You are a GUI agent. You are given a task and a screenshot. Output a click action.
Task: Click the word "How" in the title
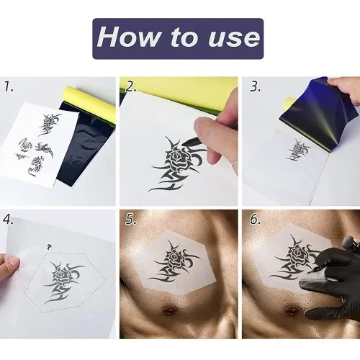click(x=128, y=37)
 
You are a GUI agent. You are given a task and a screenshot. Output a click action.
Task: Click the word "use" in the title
click(x=234, y=38)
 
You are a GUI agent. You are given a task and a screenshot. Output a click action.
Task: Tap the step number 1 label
click(x=9, y=86)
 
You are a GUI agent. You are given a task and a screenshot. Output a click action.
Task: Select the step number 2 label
click(x=131, y=86)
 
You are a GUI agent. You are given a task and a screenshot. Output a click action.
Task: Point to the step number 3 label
click(x=255, y=86)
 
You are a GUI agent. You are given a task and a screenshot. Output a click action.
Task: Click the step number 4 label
click(x=9, y=220)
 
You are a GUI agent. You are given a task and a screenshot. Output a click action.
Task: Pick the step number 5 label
click(x=131, y=220)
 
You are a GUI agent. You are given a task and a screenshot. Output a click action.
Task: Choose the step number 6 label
click(x=255, y=220)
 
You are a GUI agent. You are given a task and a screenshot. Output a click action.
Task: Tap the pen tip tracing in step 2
click(x=183, y=143)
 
